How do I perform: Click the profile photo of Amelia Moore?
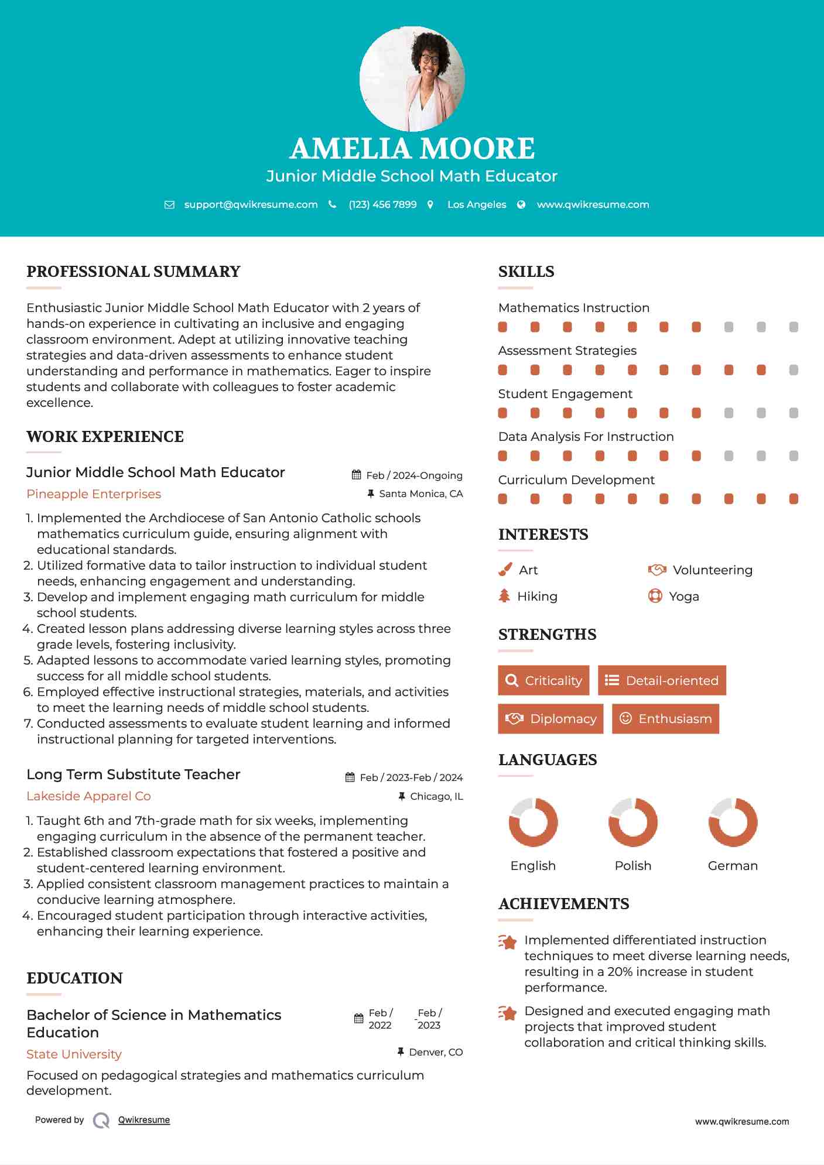pos(412,78)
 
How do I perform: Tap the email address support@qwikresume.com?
pos(251,205)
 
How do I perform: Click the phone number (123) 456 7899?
pos(382,205)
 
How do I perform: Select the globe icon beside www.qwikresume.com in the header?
pos(521,205)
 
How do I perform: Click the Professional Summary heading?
pos(134,272)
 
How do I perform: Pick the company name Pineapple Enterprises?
pos(94,494)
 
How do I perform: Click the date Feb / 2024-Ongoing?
pos(414,475)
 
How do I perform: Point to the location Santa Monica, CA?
pos(420,494)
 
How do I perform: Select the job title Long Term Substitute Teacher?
pos(134,775)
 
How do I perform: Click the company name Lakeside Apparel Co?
pos(88,796)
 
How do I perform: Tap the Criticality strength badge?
pos(543,680)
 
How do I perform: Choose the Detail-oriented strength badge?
pos(662,680)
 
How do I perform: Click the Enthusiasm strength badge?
pos(665,718)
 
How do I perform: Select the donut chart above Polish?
pos(633,822)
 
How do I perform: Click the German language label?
pos(733,866)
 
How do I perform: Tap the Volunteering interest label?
pos(712,570)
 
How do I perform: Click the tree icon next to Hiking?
pos(504,596)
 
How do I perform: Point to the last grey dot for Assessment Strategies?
pos(794,370)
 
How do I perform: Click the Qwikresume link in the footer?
pos(144,1120)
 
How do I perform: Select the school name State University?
pos(74,1054)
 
